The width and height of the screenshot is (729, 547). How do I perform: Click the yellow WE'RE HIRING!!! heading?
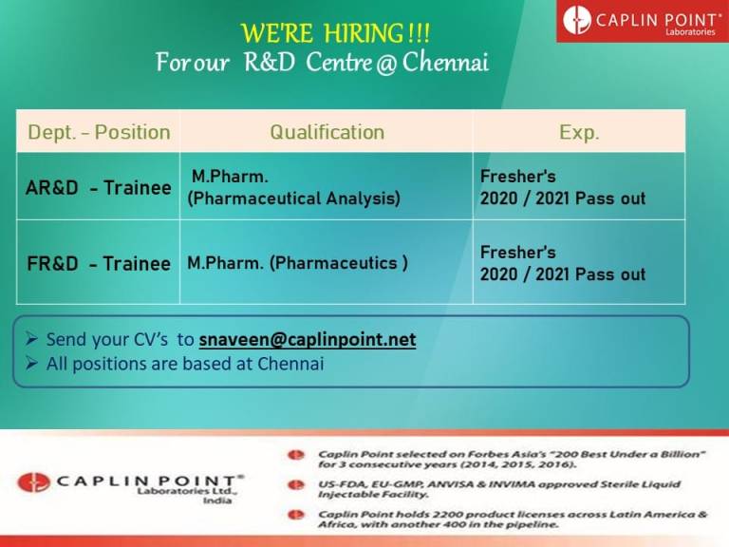click(x=335, y=33)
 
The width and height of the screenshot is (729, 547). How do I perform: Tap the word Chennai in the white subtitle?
click(x=445, y=63)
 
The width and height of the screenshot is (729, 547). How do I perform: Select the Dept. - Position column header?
click(x=99, y=132)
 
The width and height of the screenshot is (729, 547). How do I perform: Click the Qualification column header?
click(x=327, y=132)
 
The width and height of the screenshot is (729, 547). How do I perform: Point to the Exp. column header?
click(x=579, y=132)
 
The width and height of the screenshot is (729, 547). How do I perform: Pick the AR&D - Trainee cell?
click(x=99, y=187)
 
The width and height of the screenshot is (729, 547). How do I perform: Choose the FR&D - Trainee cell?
click(x=99, y=263)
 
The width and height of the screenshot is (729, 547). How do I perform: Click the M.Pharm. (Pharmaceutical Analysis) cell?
click(x=327, y=187)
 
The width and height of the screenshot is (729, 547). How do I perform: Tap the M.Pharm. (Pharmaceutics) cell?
click(x=327, y=263)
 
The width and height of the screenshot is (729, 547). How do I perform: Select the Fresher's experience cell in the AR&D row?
click(x=579, y=187)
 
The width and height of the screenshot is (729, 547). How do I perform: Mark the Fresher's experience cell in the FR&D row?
click(x=579, y=263)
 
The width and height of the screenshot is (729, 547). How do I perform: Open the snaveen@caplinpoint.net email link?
click(x=308, y=340)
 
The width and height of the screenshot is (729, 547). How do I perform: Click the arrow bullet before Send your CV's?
click(x=31, y=339)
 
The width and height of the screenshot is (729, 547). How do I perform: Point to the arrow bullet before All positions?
click(x=31, y=363)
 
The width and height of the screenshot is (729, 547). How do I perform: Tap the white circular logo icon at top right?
click(x=577, y=20)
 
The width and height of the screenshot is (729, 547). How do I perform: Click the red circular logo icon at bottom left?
click(x=33, y=482)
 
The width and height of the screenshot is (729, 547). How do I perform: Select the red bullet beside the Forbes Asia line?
click(x=296, y=455)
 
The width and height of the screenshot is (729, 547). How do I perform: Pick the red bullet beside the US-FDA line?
click(x=296, y=485)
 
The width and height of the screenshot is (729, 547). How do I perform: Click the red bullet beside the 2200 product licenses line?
click(x=296, y=515)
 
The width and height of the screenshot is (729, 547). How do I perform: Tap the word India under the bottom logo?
click(x=217, y=500)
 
